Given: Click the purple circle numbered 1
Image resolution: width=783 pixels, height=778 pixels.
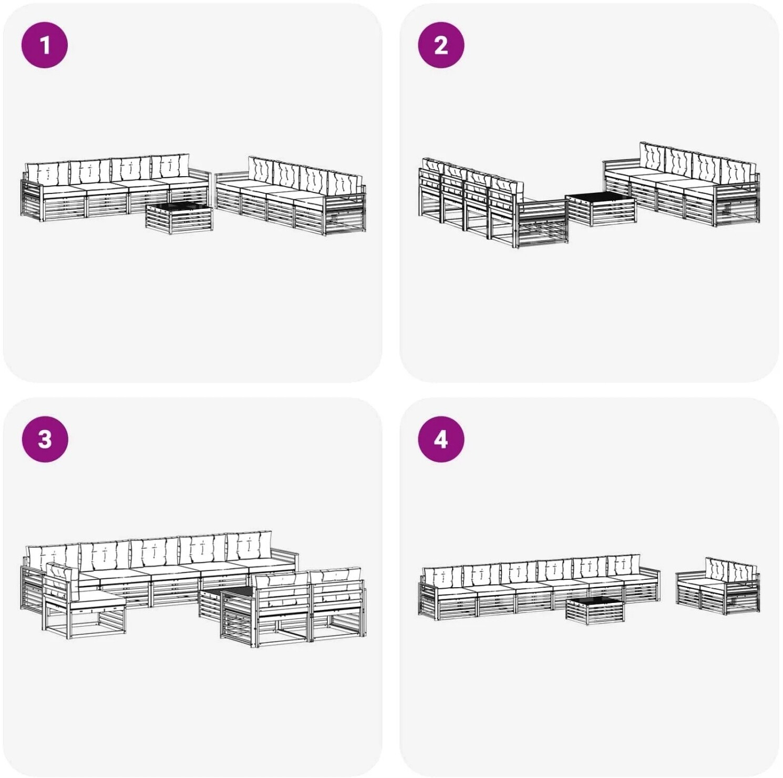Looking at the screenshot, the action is point(45,45).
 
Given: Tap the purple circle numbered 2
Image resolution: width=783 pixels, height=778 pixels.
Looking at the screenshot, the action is point(441,45).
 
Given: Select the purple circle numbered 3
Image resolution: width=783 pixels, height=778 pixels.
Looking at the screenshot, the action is point(45,439).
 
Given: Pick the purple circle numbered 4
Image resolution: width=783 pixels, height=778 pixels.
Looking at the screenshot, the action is point(441,439).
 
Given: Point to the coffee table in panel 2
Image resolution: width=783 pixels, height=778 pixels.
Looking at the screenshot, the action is point(600,210).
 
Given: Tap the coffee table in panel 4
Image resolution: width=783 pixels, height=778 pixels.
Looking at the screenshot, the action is point(594,611).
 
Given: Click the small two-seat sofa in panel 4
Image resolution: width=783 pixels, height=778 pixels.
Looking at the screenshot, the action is point(718,586).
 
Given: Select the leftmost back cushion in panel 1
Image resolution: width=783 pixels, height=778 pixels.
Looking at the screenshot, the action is point(47,172).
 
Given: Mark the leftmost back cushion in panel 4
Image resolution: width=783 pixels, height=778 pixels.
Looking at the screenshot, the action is point(442,577).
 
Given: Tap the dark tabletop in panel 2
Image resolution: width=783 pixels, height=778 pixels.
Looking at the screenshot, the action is point(600,199).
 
